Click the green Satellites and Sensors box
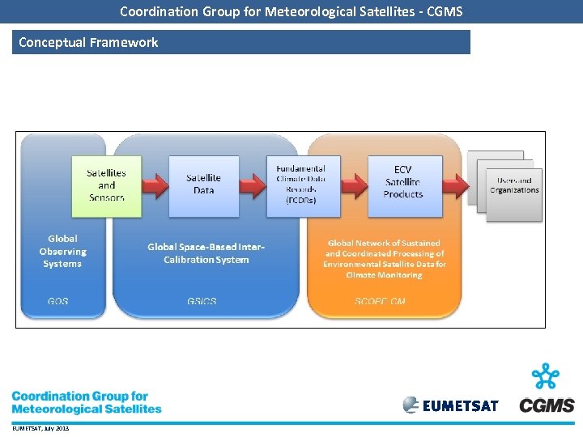point(106,185)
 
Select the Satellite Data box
point(203,185)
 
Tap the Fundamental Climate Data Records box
point(301,185)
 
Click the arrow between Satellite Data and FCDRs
point(253,185)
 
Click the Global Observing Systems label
point(62,252)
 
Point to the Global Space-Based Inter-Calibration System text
point(206,253)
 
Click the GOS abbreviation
point(58,302)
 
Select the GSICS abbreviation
point(202,302)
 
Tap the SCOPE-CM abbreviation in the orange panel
point(381,302)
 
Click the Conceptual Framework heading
point(88,42)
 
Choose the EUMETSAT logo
point(450,405)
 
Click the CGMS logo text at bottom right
point(547,405)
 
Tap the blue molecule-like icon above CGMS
point(546,377)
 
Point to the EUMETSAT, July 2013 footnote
point(40,428)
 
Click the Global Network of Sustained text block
point(384,259)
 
